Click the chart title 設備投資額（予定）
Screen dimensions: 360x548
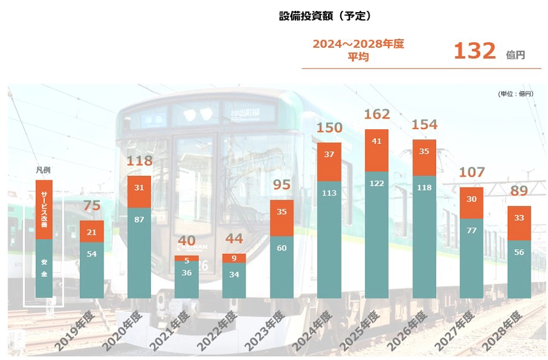click(325, 16)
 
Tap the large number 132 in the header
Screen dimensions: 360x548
click(474, 51)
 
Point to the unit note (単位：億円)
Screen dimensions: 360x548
click(515, 94)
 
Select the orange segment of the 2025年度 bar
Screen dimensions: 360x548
click(377, 150)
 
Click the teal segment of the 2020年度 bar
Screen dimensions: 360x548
click(139, 253)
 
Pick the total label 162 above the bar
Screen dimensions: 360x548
click(377, 115)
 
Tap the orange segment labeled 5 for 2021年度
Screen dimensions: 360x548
click(187, 258)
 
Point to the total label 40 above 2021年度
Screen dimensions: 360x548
click(187, 241)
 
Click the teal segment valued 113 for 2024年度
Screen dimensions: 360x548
click(329, 240)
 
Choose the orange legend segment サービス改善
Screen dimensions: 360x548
click(44, 210)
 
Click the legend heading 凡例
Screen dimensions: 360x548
click(43, 171)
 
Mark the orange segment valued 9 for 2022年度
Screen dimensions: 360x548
click(234, 258)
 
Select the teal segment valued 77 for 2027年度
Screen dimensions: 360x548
click(471, 258)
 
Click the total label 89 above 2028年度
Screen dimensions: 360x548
click(519, 191)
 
